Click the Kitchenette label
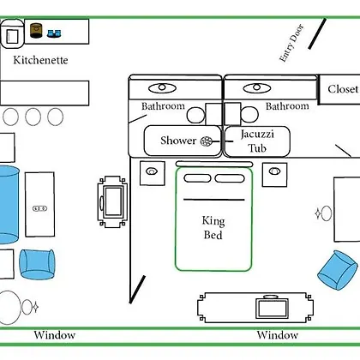click(x=40, y=60)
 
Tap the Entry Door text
click(x=291, y=43)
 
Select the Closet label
click(x=343, y=89)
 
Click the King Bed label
click(x=213, y=228)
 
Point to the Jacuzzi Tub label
click(x=257, y=141)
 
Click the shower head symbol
click(x=207, y=141)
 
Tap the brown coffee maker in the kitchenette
click(x=36, y=31)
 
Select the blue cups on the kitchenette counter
click(x=54, y=33)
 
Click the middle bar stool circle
click(x=33, y=117)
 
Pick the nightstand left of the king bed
click(x=153, y=173)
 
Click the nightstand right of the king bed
click(x=274, y=175)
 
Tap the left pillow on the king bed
click(x=197, y=178)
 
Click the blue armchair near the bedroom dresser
click(x=338, y=270)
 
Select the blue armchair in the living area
click(x=37, y=264)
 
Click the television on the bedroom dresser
click(x=272, y=308)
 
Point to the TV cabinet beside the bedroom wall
click(x=112, y=201)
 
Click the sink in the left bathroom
click(x=162, y=88)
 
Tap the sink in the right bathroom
click(x=256, y=88)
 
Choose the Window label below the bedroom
click(x=277, y=335)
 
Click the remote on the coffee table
click(x=40, y=208)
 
